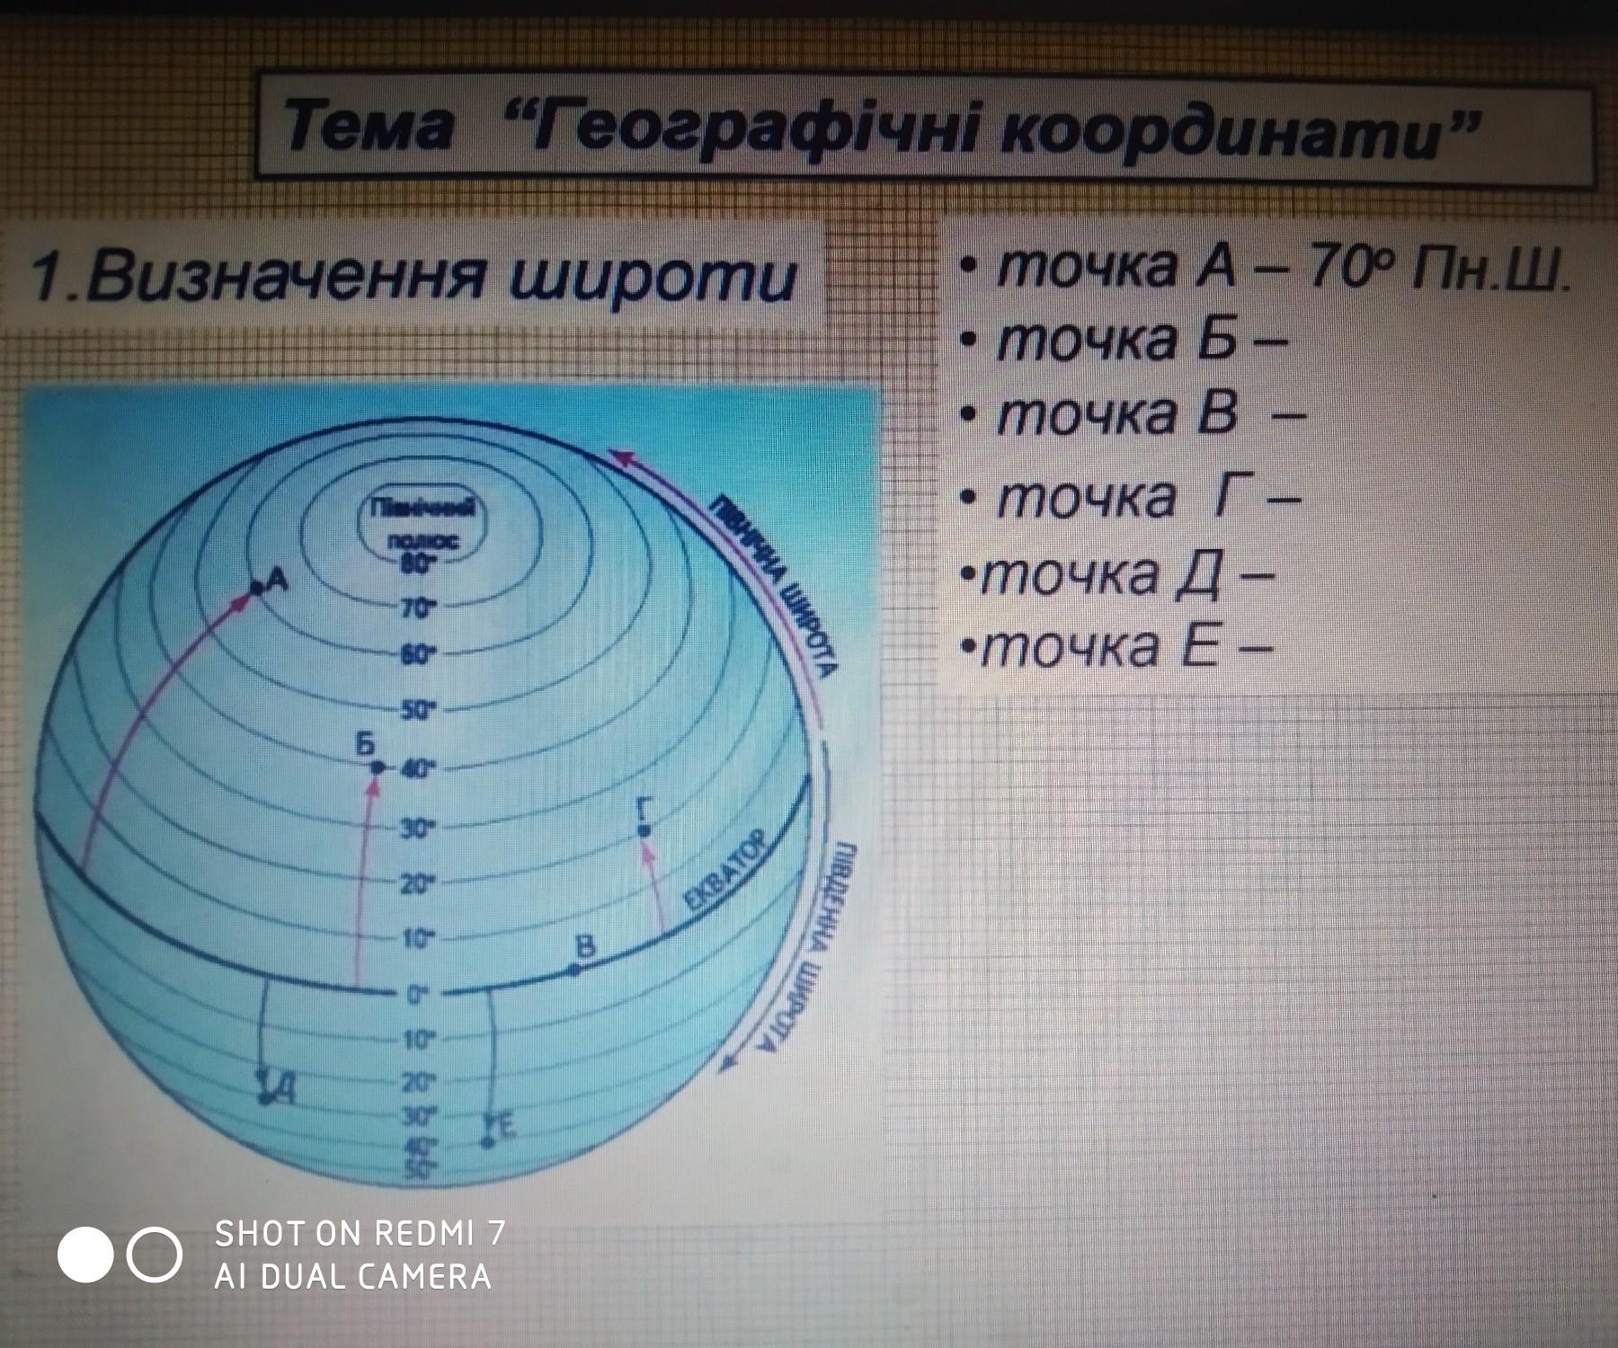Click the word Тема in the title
369,126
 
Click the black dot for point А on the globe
256,588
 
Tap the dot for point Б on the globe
378,767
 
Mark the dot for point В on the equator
575,970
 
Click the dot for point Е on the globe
488,1141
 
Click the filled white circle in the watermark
85,1254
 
